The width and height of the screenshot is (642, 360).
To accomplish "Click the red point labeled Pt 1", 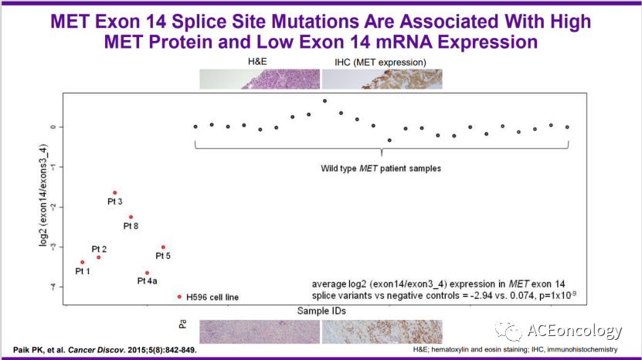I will pyautogui.click(x=82, y=262).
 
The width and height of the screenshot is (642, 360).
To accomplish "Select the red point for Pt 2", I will pyautogui.click(x=98, y=257).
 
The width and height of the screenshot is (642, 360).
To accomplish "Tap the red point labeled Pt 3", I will pyautogui.click(x=114, y=192).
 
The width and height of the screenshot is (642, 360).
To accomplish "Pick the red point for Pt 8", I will pyautogui.click(x=131, y=217).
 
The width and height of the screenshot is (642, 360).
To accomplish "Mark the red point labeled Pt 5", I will pyautogui.click(x=163, y=247).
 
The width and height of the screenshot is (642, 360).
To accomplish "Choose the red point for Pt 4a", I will pyautogui.click(x=147, y=273).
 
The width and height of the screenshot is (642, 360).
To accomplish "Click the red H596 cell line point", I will pyautogui.click(x=179, y=296).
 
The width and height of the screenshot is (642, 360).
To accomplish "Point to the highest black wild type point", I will pyautogui.click(x=324, y=101).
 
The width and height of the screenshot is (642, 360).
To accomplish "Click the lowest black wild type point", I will pyautogui.click(x=389, y=140).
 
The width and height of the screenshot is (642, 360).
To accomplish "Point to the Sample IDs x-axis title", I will pyautogui.click(x=321, y=310).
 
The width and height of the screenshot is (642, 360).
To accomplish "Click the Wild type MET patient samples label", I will pyautogui.click(x=381, y=168).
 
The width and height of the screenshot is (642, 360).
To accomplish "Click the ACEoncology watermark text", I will pyautogui.click(x=575, y=331).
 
